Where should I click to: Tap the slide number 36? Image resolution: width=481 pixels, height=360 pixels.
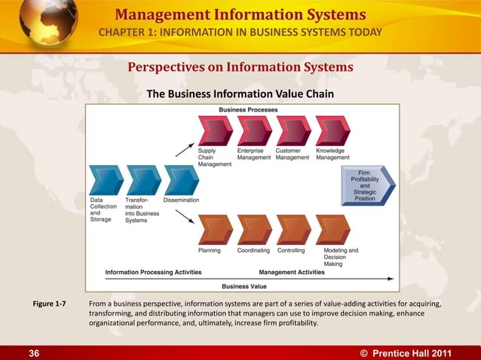coord(35,352)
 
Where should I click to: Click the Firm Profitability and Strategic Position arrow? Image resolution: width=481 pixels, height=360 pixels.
coord(370,185)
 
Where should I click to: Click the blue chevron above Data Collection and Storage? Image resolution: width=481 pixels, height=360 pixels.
coord(106,181)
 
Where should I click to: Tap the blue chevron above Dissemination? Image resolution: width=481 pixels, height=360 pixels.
coord(181,181)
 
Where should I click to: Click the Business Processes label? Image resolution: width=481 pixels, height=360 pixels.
coord(248,110)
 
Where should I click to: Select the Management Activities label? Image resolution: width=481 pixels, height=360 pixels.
coord(292,272)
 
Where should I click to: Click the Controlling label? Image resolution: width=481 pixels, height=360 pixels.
coord(291,250)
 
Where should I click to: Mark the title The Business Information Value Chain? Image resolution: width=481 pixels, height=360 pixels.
coord(240,93)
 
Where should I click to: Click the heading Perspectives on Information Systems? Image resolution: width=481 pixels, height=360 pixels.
coord(240,68)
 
